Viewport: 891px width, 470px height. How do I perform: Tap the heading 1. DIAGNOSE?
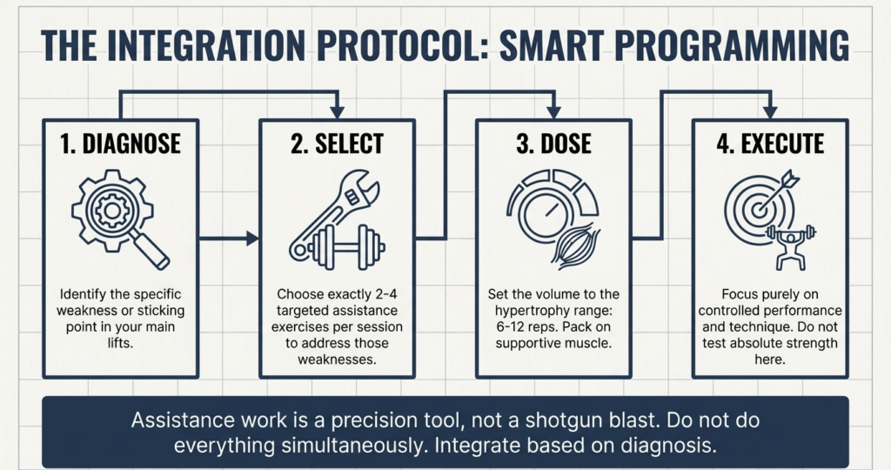click(x=121, y=144)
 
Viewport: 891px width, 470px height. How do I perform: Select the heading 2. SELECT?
click(x=337, y=144)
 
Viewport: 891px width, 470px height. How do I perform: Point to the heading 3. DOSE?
click(x=553, y=144)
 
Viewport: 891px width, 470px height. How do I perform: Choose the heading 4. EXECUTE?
click(x=770, y=144)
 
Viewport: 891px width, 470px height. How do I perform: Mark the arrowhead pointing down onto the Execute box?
click(x=770, y=111)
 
